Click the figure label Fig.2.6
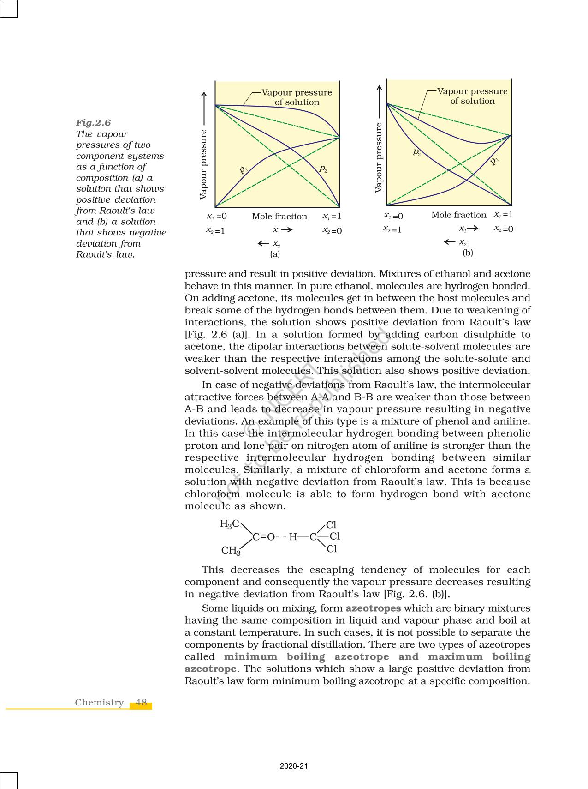click(x=93, y=123)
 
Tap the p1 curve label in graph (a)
click(x=244, y=169)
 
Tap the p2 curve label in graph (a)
click(x=323, y=169)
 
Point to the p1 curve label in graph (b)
click(x=494, y=161)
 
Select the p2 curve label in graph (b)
click(x=416, y=152)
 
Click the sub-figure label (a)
click(x=275, y=254)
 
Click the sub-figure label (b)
click(x=468, y=253)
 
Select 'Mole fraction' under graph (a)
click(x=279, y=217)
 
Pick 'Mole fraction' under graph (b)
click(x=458, y=215)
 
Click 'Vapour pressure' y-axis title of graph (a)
click(x=203, y=165)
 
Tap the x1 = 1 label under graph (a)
click(x=332, y=216)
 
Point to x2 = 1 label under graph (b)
click(x=392, y=229)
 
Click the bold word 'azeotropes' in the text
click(x=373, y=608)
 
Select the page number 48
click(x=141, y=703)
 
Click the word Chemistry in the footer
click(x=100, y=703)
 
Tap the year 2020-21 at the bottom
click(x=294, y=766)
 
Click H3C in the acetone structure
click(x=230, y=524)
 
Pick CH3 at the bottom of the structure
click(x=231, y=550)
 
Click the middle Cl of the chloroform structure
click(x=335, y=536)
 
